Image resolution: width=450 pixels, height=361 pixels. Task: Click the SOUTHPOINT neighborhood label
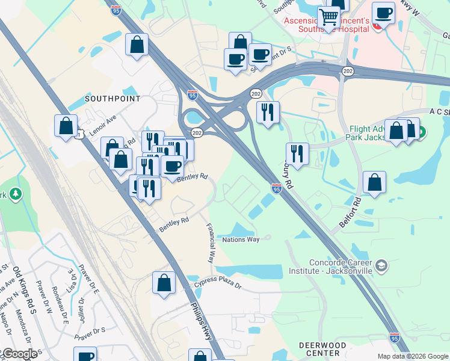pyautogui.click(x=112, y=98)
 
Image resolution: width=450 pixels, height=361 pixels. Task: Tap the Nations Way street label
pyautogui.click(x=241, y=239)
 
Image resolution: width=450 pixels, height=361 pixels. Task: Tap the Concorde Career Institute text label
pyautogui.click(x=341, y=267)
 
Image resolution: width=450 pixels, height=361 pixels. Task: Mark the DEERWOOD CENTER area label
pyautogui.click(x=323, y=349)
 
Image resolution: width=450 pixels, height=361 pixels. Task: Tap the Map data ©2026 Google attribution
pyautogui.click(x=413, y=356)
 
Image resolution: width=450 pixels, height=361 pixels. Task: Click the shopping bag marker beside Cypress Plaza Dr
pyautogui.click(x=164, y=283)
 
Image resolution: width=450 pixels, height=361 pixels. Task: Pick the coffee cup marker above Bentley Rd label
pyautogui.click(x=172, y=165)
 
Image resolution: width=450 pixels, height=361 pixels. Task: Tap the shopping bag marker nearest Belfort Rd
pyautogui.click(x=374, y=182)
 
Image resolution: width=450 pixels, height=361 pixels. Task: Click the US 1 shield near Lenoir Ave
pyautogui.click(x=78, y=135)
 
